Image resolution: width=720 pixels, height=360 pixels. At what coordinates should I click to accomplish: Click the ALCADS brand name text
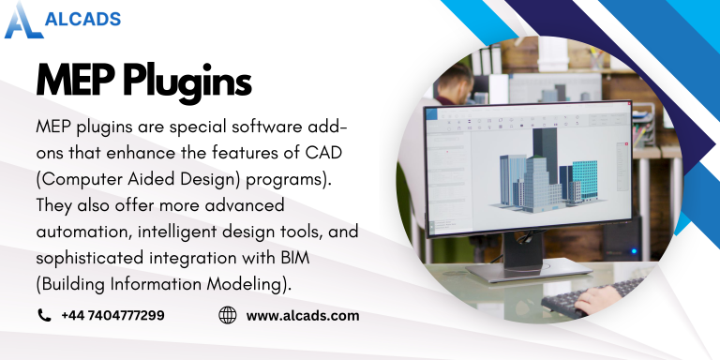(x=82, y=17)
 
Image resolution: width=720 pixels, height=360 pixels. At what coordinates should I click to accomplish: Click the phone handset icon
(x=44, y=316)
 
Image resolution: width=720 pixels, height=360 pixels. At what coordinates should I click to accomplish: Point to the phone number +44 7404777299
(x=113, y=316)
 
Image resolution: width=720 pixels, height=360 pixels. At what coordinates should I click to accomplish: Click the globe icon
(x=227, y=316)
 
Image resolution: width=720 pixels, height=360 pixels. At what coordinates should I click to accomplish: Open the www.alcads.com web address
(x=302, y=316)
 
